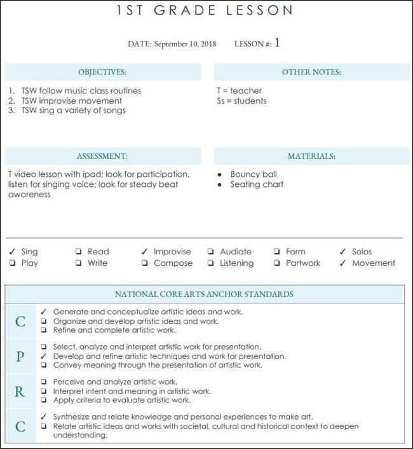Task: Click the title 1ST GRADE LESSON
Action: (x=205, y=10)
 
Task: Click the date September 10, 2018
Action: (x=185, y=44)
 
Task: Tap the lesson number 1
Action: (x=277, y=43)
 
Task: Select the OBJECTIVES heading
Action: (x=102, y=73)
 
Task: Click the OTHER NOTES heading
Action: (x=311, y=73)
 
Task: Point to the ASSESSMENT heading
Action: (x=102, y=156)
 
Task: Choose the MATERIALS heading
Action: (x=311, y=156)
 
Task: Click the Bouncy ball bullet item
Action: (x=254, y=174)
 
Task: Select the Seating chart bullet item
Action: (x=257, y=184)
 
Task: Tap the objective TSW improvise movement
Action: (x=71, y=100)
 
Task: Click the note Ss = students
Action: (x=241, y=100)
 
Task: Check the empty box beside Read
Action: (x=78, y=252)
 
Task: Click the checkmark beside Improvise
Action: (x=144, y=252)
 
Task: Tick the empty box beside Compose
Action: (x=144, y=263)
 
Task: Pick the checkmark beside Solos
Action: (x=342, y=252)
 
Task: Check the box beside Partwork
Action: (x=276, y=263)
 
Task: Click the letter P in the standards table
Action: (x=20, y=357)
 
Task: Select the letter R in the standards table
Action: (x=20, y=392)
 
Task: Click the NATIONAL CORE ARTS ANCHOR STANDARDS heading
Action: (x=204, y=294)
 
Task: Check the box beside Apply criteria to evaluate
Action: (x=43, y=401)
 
